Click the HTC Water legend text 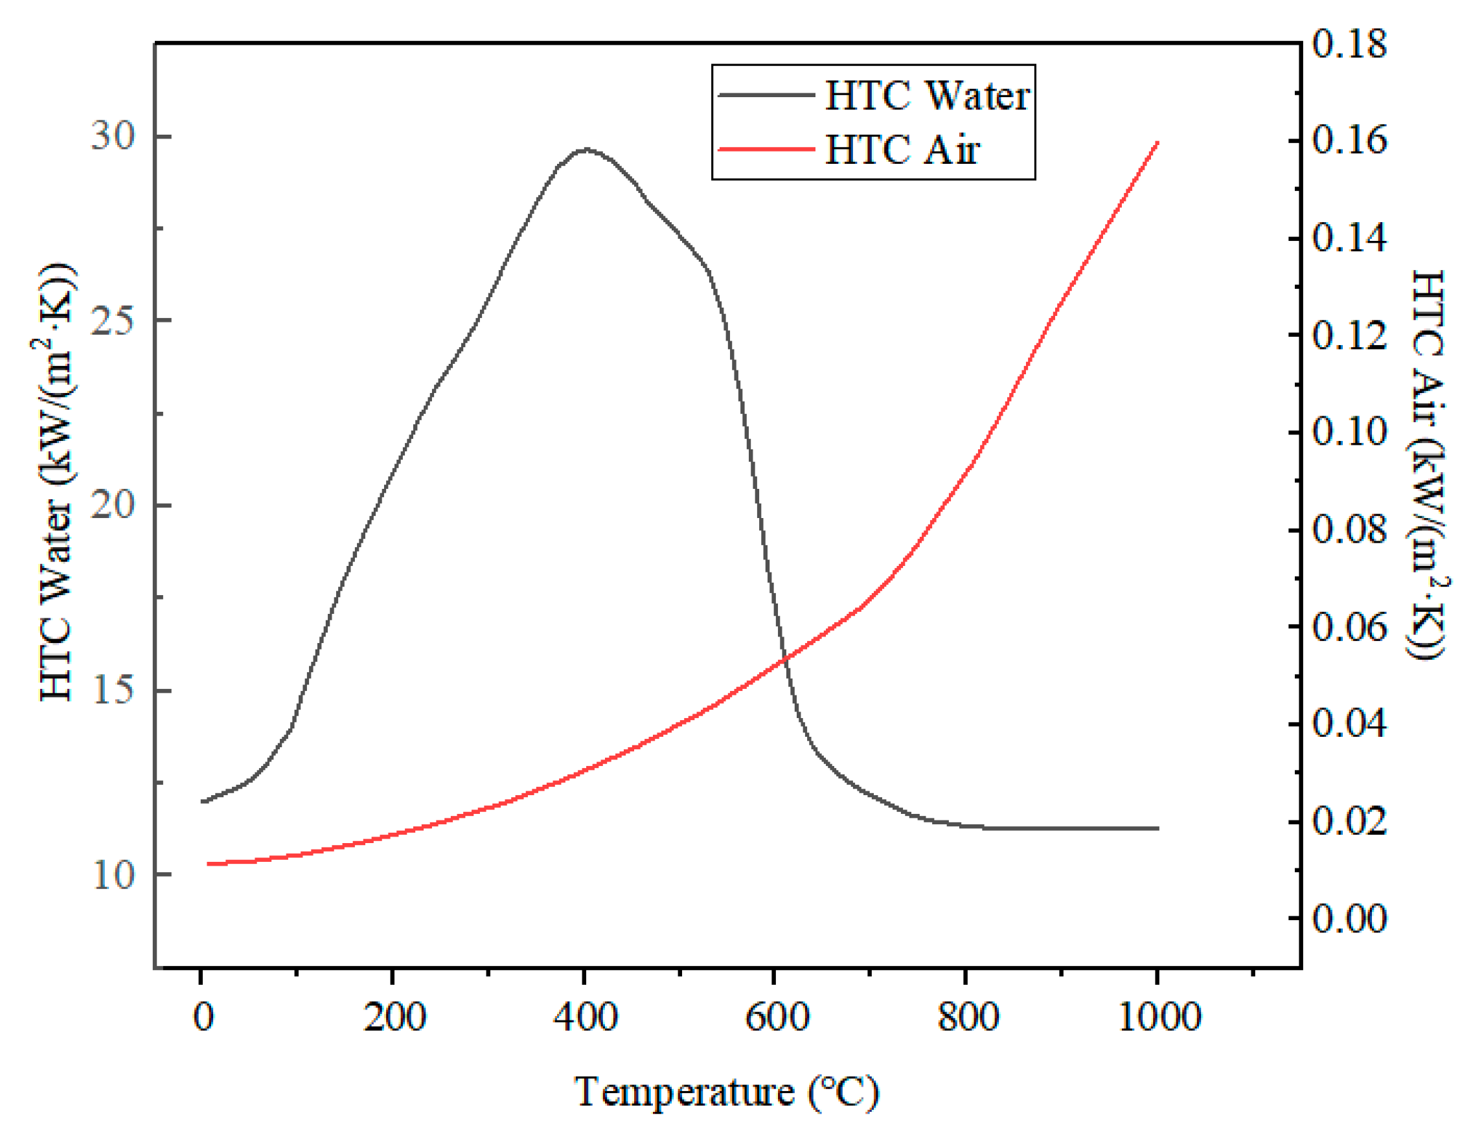pyautogui.click(x=926, y=96)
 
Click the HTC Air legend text pyautogui.click(x=902, y=150)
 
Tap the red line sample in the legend pyautogui.click(x=766, y=149)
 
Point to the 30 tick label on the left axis pyautogui.click(x=113, y=136)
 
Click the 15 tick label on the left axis pyautogui.click(x=113, y=691)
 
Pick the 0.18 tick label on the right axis pyautogui.click(x=1349, y=44)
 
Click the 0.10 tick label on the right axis pyautogui.click(x=1349, y=432)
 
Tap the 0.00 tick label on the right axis pyautogui.click(x=1349, y=919)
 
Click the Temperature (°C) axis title pyautogui.click(x=726, y=1092)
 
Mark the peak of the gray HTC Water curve pyautogui.click(x=586, y=148)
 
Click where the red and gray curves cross pyautogui.click(x=785, y=658)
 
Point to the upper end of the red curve pyautogui.click(x=1157, y=143)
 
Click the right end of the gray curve pyautogui.click(x=1157, y=828)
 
